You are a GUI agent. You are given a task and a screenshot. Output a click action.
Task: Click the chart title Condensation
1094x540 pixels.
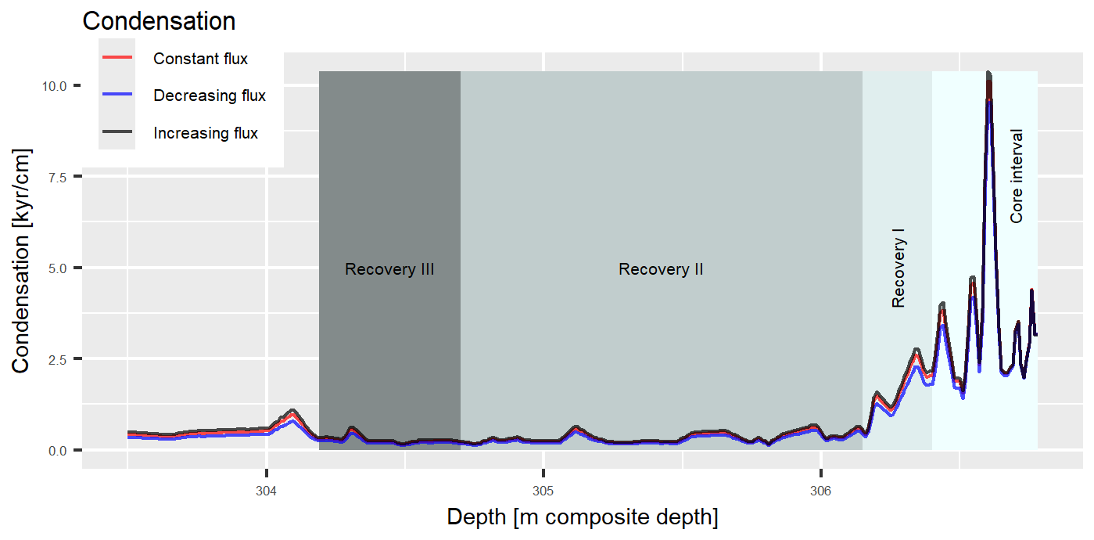pyautogui.click(x=159, y=21)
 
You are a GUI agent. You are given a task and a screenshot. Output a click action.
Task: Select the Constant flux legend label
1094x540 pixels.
pyautogui.click(x=200, y=59)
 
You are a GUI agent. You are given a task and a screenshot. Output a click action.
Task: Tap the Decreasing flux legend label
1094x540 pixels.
pyautogui.click(x=210, y=96)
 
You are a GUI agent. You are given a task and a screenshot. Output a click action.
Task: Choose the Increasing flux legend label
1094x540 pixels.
pyautogui.click(x=206, y=134)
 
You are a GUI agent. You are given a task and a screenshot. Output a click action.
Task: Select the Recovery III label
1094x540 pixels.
pyautogui.click(x=389, y=270)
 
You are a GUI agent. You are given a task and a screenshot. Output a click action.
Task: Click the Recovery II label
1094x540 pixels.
pyautogui.click(x=661, y=270)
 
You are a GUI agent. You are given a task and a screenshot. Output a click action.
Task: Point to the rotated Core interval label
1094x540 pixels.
pyautogui.click(x=1017, y=176)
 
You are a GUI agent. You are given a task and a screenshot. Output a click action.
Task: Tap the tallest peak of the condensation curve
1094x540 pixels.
pyautogui.click(x=988, y=74)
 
